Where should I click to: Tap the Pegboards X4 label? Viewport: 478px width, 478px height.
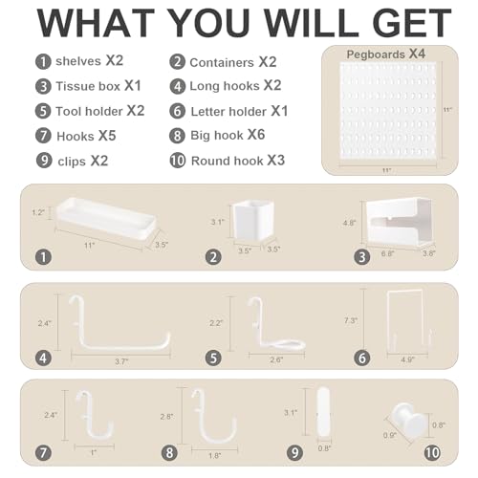[386, 54]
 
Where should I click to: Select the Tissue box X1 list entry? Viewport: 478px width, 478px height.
[98, 86]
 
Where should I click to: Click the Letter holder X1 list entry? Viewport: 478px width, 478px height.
[239, 111]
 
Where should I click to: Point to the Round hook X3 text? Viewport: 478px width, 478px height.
[238, 161]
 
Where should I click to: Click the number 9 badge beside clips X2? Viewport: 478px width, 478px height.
[44, 161]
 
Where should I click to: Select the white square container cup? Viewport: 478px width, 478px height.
[253, 221]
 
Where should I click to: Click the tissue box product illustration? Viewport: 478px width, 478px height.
[399, 221]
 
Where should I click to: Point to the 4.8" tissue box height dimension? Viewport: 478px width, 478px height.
[349, 223]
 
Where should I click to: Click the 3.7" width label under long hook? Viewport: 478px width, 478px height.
[121, 361]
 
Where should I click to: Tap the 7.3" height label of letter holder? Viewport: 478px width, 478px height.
[351, 320]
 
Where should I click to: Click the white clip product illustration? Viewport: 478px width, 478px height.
[323, 411]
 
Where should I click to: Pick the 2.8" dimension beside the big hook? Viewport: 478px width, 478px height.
[166, 417]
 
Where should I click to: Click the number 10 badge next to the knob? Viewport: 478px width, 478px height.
[432, 453]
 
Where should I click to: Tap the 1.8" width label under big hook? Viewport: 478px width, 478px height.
[214, 456]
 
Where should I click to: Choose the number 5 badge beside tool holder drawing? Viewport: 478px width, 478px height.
[213, 358]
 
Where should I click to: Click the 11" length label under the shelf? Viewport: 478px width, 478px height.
[90, 246]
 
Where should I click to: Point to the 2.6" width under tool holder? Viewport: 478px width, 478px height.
[276, 359]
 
